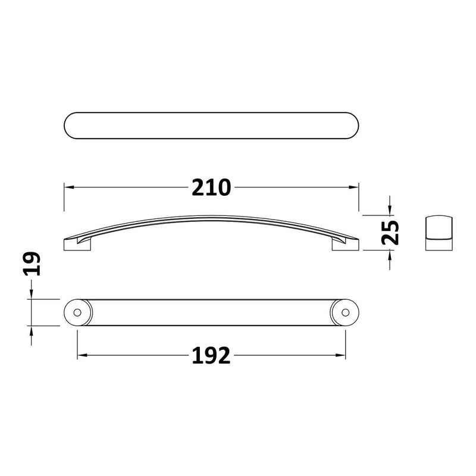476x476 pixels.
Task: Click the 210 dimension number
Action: (x=211, y=187)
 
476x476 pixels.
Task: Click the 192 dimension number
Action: (x=211, y=356)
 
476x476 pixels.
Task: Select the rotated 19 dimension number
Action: (x=32, y=263)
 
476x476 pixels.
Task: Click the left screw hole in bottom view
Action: (x=77, y=312)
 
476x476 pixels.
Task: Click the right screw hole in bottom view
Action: (x=345, y=312)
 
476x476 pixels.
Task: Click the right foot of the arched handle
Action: (x=344, y=244)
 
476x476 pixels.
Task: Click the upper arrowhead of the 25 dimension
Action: (x=389, y=209)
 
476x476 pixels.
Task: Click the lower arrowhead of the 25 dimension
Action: (x=389, y=255)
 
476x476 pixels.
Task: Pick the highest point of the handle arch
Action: (x=211, y=217)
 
